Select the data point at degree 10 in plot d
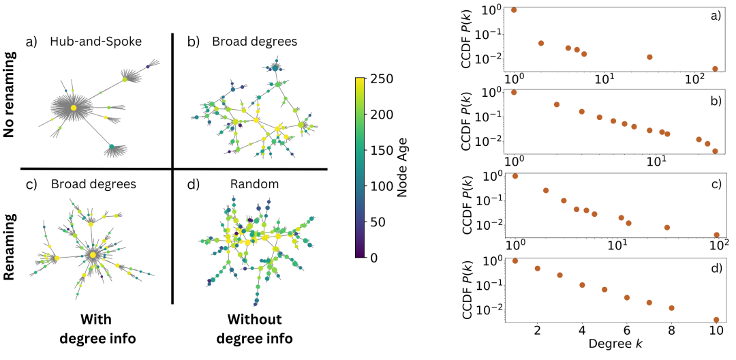coord(716,319)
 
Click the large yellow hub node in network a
coord(73,108)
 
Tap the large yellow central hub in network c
coord(93,254)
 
